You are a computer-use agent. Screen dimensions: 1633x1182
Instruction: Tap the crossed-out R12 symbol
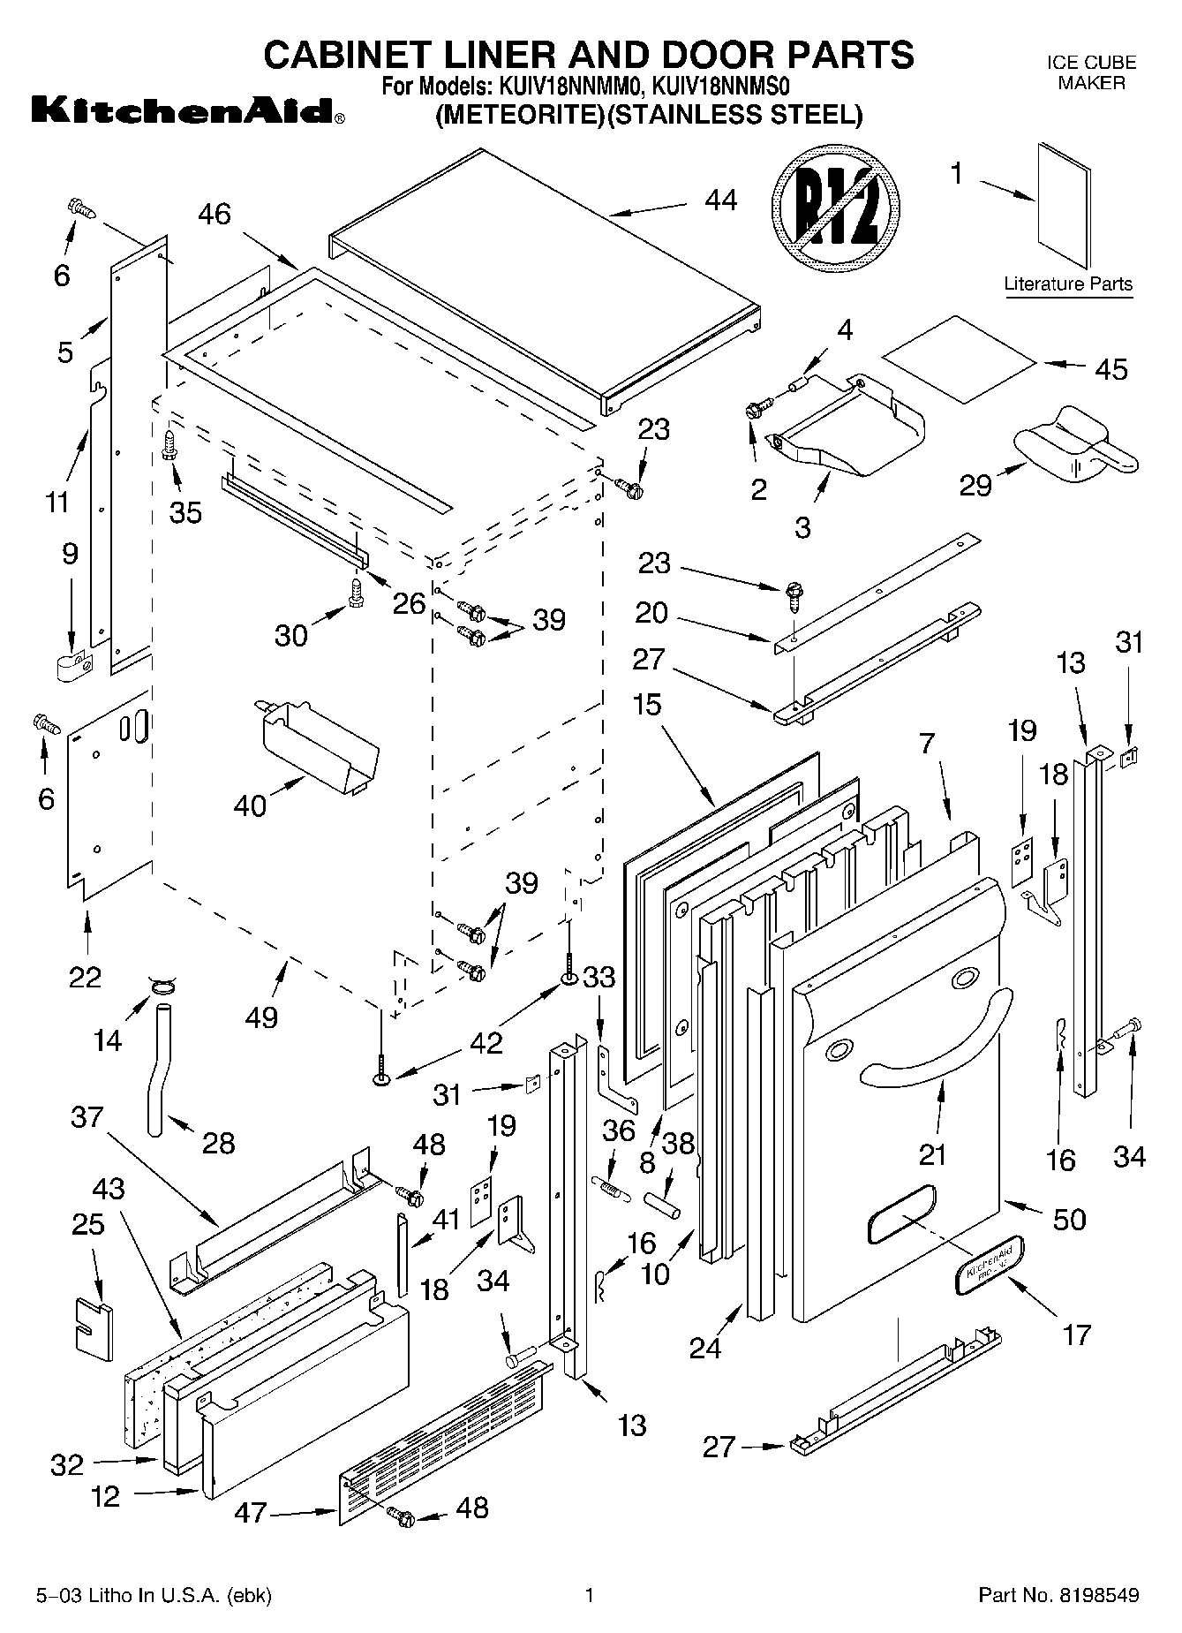tap(835, 215)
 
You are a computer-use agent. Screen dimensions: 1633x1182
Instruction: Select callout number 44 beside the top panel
tap(721, 200)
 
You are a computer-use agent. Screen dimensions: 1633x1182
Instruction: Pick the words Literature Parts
tap(1068, 284)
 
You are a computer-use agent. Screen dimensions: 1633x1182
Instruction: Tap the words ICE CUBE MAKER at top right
tap(1091, 72)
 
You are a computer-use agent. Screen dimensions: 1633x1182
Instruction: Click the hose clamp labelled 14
tap(160, 984)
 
